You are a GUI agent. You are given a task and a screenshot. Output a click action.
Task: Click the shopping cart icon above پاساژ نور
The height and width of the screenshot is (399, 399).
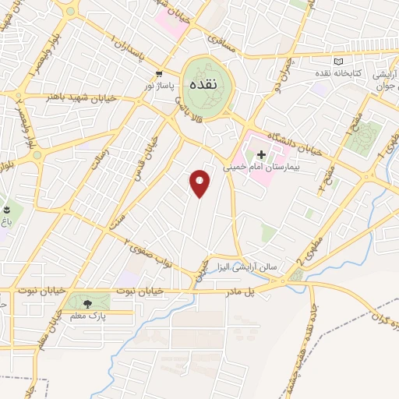(x=159, y=70)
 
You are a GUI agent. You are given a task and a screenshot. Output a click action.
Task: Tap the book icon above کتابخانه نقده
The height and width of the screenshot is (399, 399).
(x=337, y=62)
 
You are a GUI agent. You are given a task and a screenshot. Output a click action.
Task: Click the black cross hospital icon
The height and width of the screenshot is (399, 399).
(x=261, y=154)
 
